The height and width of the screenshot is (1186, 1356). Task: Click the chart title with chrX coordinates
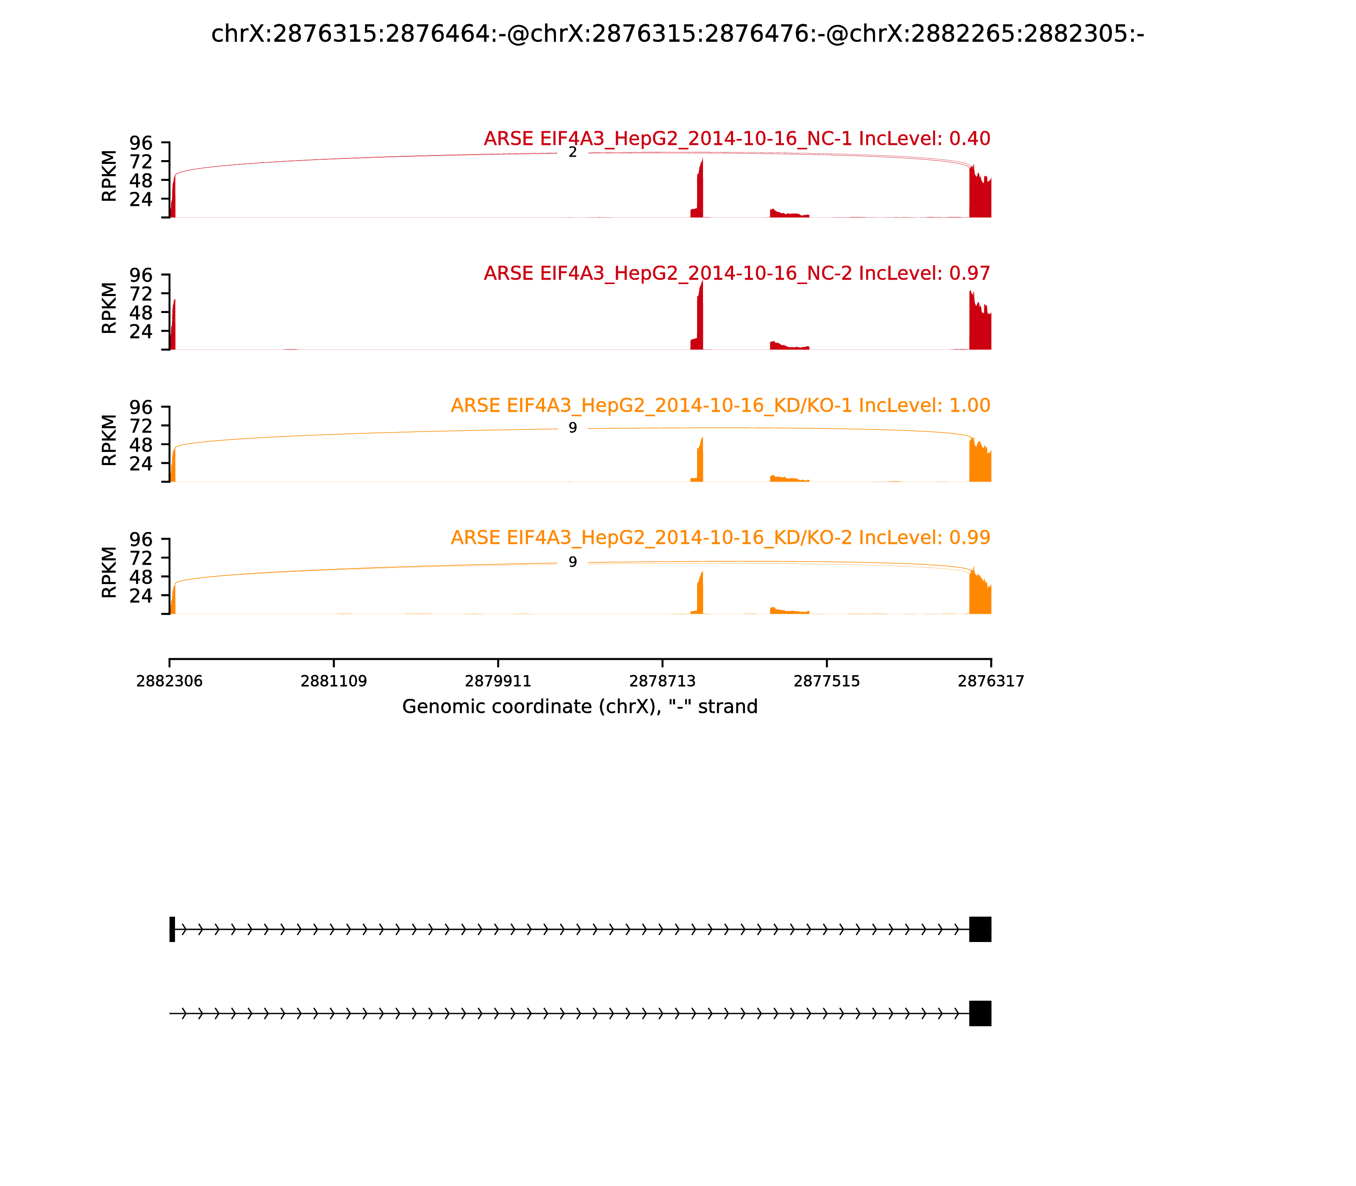[x=677, y=34]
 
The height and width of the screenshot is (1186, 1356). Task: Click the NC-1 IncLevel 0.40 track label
[x=736, y=139]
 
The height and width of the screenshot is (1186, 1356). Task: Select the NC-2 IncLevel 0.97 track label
[x=736, y=273]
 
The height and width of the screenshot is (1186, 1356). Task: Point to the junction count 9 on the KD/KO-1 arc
[x=573, y=428]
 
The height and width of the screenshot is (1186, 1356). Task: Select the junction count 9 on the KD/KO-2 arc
[x=573, y=562]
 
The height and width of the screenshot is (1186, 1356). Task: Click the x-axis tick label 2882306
[x=169, y=682]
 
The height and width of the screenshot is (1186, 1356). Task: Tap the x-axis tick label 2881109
[x=334, y=682]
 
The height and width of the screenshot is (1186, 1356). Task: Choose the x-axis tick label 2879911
[x=498, y=682]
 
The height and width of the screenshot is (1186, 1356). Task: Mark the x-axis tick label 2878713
[x=662, y=682]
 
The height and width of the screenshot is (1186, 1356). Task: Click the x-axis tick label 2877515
[x=826, y=682]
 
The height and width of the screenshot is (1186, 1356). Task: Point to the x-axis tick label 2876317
[x=991, y=682]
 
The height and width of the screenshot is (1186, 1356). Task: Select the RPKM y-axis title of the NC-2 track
[x=109, y=308]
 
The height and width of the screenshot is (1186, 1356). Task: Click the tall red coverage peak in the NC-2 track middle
[x=700, y=318]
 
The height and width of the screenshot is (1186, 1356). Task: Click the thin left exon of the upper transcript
[x=172, y=929]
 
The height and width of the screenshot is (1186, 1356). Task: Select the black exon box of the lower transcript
[x=980, y=1013]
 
